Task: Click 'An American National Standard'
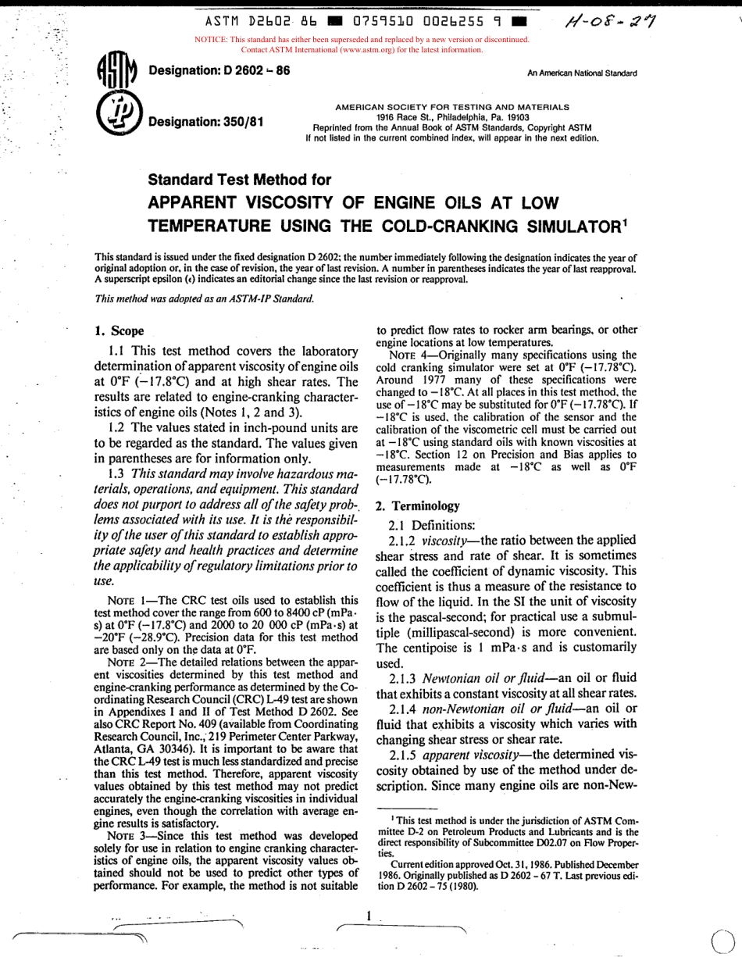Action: pos(582,73)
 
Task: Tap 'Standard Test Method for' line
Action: pos(240,180)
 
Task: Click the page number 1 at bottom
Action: pos(367,915)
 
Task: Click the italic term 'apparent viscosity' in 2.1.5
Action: pos(465,755)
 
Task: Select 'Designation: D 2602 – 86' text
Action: pos(219,70)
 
